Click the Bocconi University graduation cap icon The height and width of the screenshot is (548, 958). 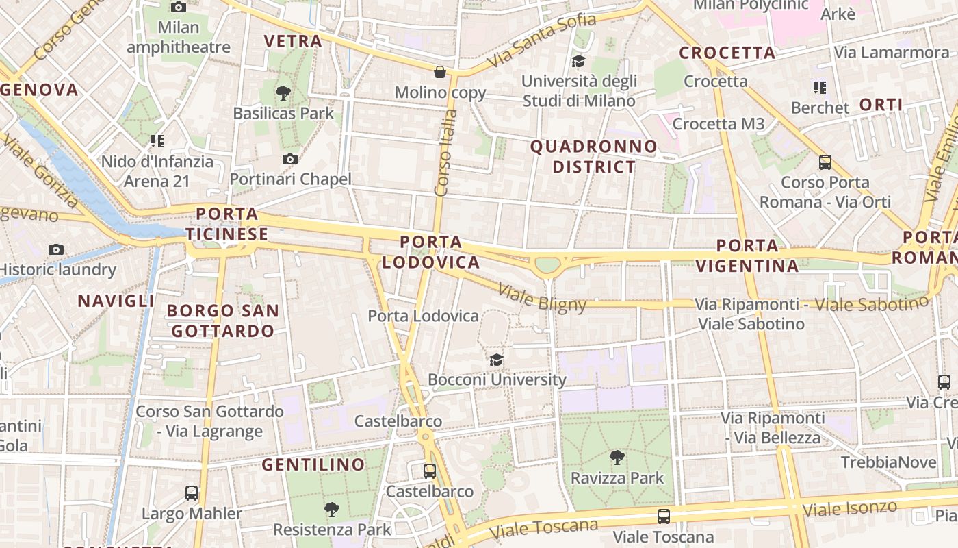496,360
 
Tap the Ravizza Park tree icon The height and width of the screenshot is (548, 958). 617,458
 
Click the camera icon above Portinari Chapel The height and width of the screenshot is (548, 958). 290,160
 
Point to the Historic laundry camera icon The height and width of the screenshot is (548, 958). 56,249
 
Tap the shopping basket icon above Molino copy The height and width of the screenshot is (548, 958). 440,72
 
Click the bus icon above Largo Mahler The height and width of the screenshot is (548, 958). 192,493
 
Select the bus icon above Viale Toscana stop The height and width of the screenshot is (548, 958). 663,516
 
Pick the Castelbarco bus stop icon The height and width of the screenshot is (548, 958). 430,471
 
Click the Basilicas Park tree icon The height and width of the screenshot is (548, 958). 283,93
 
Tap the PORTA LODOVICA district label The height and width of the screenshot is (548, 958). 431,252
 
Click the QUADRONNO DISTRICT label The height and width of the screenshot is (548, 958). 594,156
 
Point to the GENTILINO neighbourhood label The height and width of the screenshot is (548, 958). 313,464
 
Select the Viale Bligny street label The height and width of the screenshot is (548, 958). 542,298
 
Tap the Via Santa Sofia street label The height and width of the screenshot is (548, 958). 541,42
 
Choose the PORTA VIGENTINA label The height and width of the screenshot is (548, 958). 747,256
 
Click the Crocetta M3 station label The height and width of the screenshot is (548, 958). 718,124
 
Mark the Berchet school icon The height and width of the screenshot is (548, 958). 820,88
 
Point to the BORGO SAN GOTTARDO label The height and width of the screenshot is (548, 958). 223,321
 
